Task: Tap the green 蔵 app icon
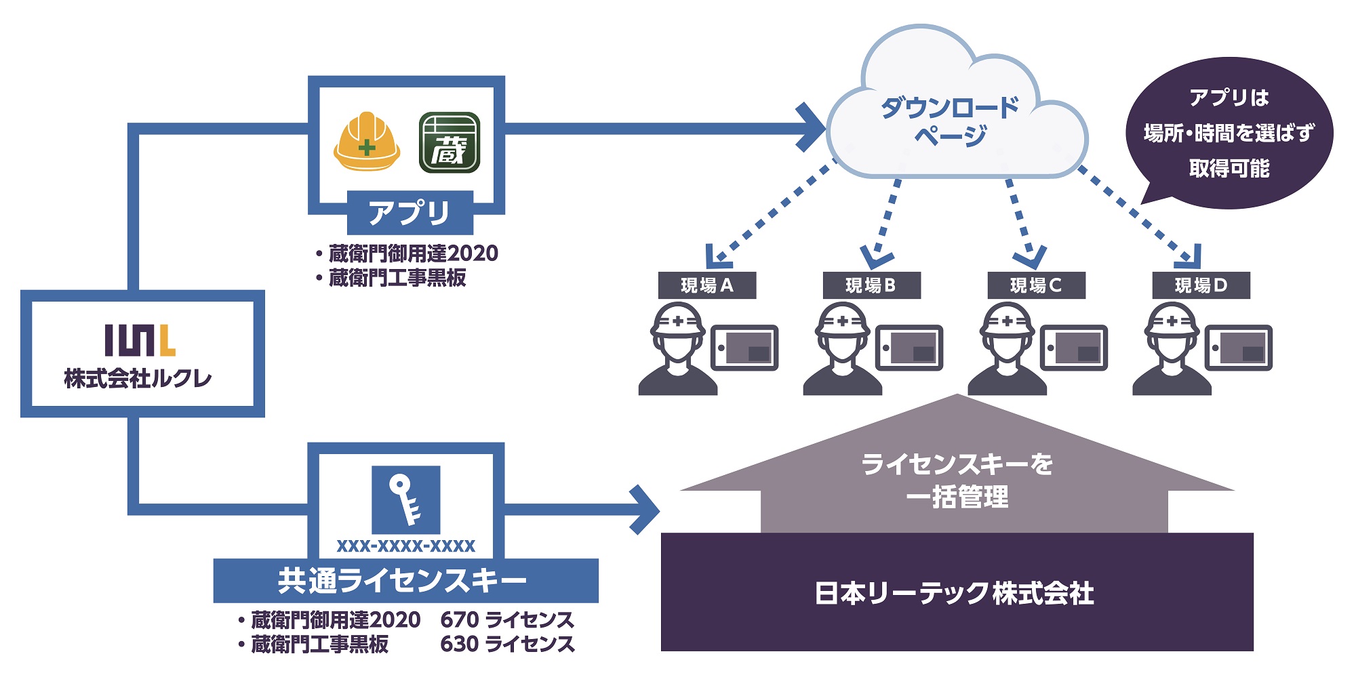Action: (x=450, y=142)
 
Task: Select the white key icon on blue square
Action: (x=406, y=500)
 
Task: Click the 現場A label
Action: (x=707, y=285)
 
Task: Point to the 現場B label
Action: (x=872, y=285)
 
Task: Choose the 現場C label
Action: (x=1037, y=285)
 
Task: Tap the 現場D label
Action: (x=1201, y=285)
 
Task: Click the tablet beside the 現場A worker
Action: (x=744, y=348)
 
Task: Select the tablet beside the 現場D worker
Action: (x=1239, y=348)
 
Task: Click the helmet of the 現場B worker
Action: (x=842, y=319)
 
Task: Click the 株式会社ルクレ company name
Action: (x=138, y=378)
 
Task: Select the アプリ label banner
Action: (x=410, y=213)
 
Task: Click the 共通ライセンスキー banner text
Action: (x=402, y=581)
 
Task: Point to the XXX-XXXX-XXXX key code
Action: (x=406, y=546)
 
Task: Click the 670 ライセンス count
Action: (x=507, y=619)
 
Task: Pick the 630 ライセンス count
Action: (x=507, y=644)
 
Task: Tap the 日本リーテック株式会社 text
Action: (x=954, y=594)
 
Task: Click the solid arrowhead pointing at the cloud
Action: (x=811, y=127)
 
